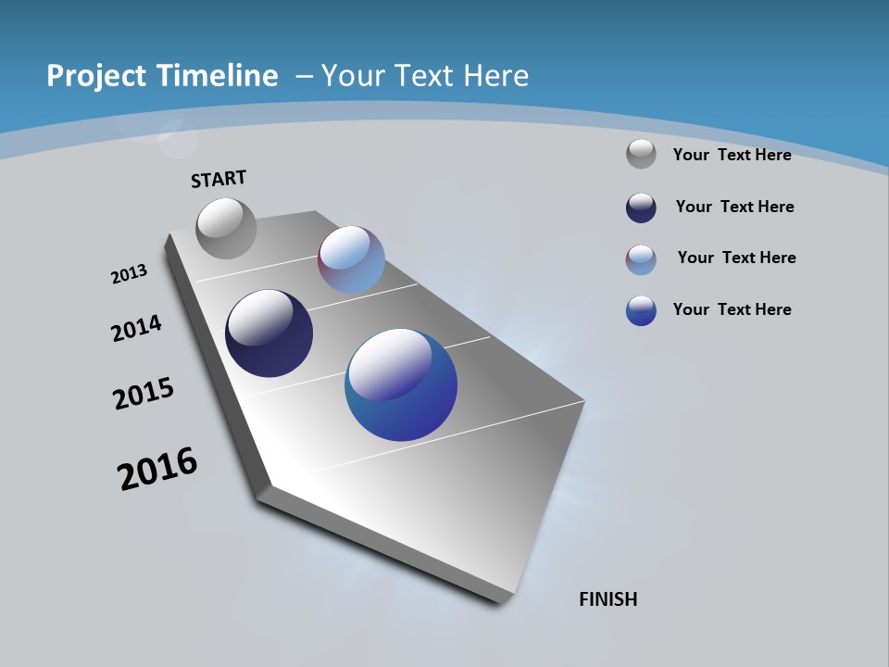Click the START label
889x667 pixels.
[219, 179]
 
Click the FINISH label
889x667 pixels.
[607, 599]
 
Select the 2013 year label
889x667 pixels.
[129, 274]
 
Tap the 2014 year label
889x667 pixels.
[136, 329]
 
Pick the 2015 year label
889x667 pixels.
[143, 394]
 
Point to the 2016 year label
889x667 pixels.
[157, 469]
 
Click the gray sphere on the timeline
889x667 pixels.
[226, 228]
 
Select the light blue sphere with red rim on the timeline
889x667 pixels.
[351, 259]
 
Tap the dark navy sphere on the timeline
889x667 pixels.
[269, 333]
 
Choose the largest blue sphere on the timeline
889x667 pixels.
[401, 384]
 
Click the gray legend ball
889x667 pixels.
[641, 154]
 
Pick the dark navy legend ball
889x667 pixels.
[641, 208]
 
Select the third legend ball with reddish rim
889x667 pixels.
[641, 259]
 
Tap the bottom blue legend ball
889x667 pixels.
[641, 310]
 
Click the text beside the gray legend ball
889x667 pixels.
[732, 155]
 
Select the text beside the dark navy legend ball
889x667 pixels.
[734, 207]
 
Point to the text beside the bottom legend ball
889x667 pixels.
[732, 309]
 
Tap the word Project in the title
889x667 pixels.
[92, 76]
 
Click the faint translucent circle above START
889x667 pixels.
[177, 139]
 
